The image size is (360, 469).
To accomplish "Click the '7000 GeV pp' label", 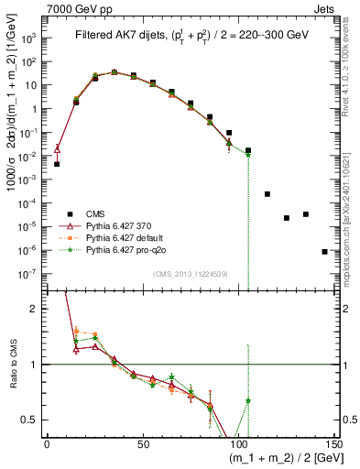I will (76, 7).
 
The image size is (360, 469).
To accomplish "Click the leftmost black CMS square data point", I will (57, 164).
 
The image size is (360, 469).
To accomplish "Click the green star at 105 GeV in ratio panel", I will (248, 401).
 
